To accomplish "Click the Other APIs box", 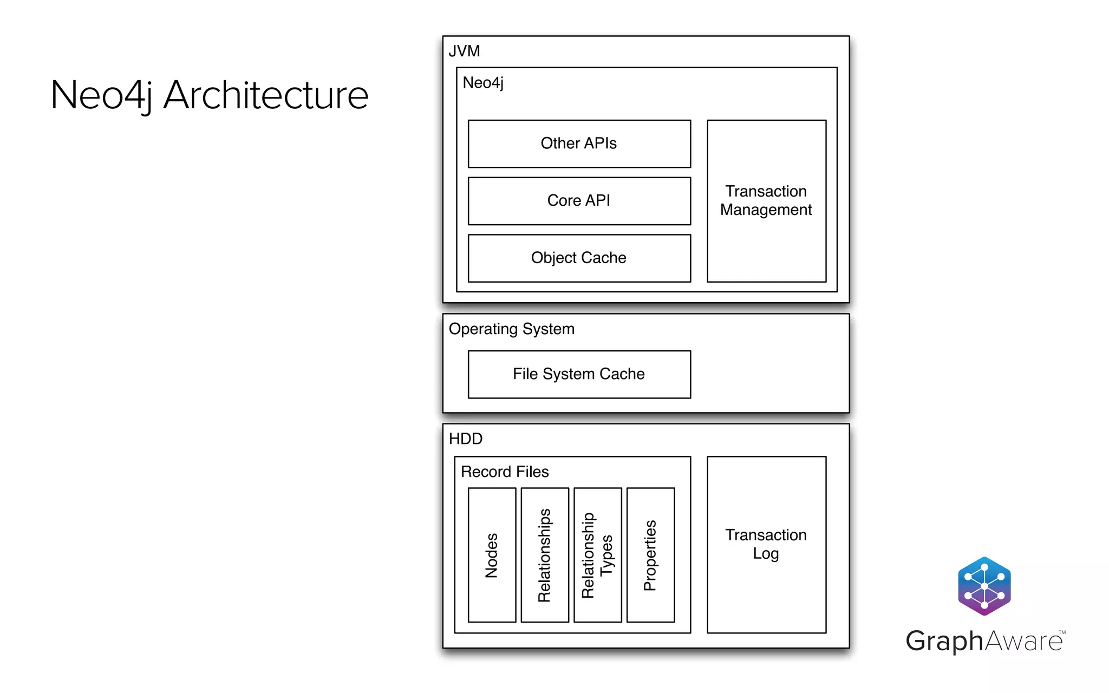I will tap(579, 143).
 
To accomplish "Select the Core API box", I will tap(579, 201).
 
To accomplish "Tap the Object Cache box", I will tap(579, 258).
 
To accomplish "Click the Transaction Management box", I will tap(766, 201).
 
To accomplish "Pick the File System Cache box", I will tap(579, 374).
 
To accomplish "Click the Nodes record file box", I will tap(492, 555).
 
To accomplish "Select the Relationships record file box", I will tap(545, 555).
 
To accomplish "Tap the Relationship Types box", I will tap(597, 555).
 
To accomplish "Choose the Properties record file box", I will tap(650, 555).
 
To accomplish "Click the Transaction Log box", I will tap(766, 544).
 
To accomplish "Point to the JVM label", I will tap(464, 51).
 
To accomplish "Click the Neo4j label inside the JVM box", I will tap(482, 83).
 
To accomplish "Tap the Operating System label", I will tap(511, 329).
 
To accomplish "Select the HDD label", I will tap(465, 439).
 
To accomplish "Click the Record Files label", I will tap(505, 472).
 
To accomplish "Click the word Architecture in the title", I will tap(266, 95).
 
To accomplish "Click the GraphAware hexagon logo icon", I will tap(984, 586).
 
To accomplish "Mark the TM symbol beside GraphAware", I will tap(1062, 632).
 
